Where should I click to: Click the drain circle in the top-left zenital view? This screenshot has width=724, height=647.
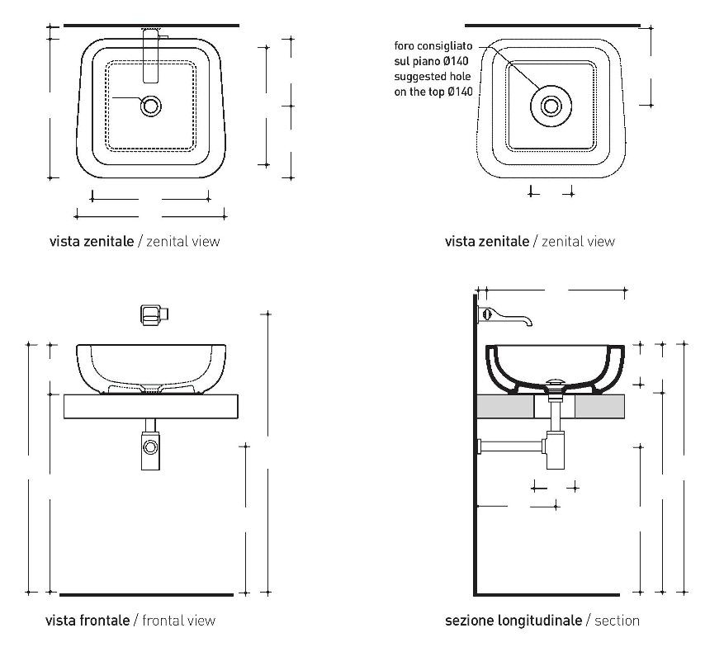coord(151,106)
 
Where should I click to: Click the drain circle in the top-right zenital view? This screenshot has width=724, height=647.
coord(551,105)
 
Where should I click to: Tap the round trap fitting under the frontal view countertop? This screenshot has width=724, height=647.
coord(151,447)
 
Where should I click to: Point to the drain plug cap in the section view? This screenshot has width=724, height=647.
coord(556,381)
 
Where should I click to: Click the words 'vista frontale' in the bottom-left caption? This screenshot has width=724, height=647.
coord(87,620)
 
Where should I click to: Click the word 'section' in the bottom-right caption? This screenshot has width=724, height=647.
coord(617,620)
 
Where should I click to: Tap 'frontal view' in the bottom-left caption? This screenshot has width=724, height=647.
coord(179,620)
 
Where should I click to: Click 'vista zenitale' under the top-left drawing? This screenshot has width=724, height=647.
coord(91,242)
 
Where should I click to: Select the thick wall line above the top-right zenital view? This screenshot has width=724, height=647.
coord(552,26)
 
